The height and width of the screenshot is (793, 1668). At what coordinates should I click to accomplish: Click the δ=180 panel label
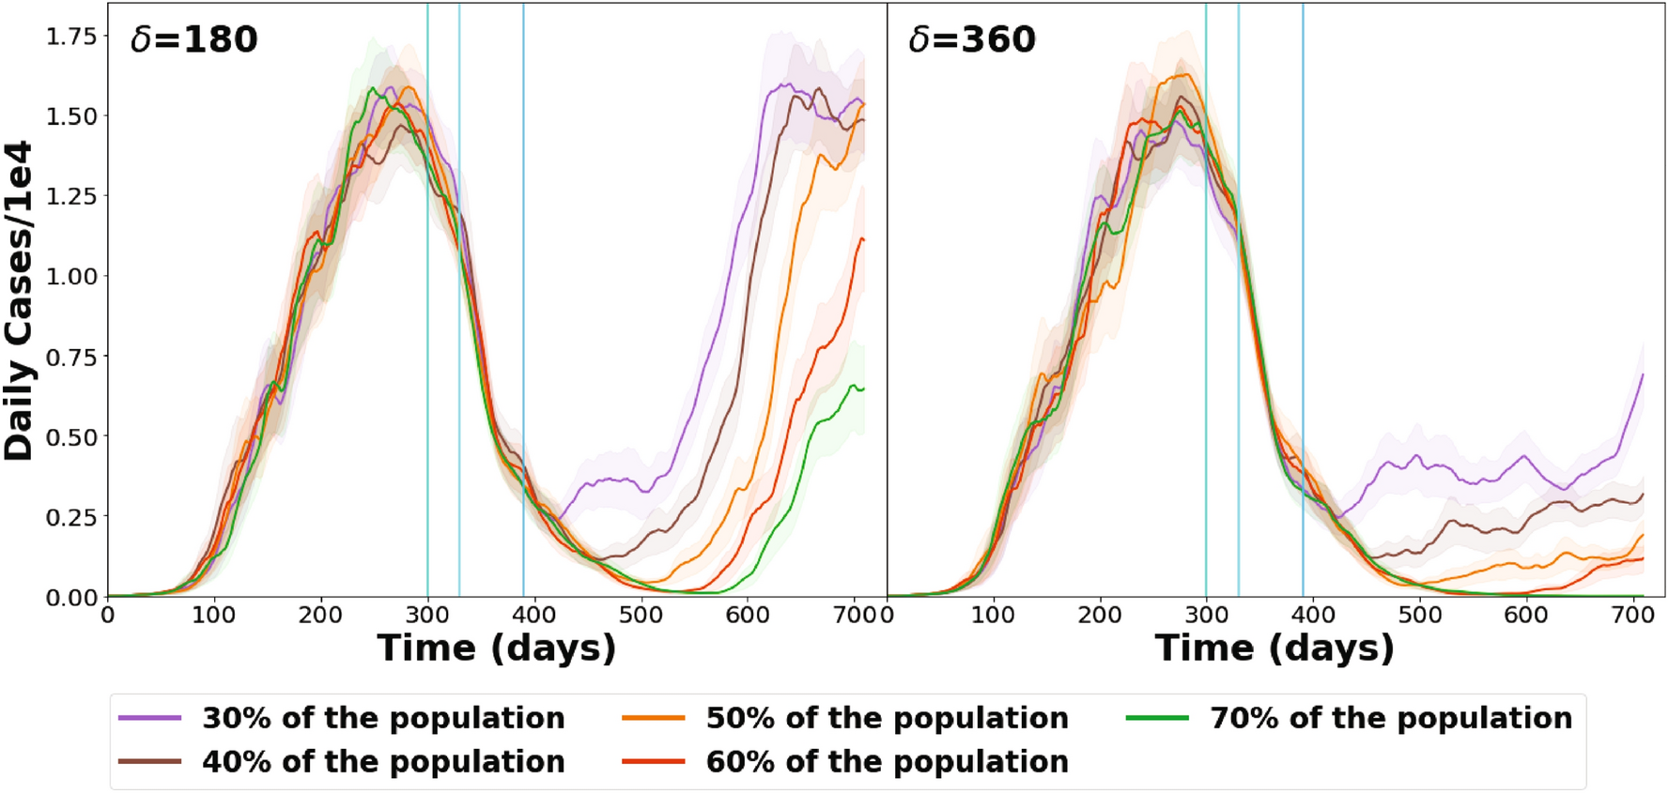[193, 39]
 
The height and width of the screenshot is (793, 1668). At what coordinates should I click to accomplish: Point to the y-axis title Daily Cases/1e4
[19, 300]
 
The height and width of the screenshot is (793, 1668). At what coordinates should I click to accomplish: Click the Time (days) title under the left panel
[496, 648]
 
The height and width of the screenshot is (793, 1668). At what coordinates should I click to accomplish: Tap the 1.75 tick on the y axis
[71, 36]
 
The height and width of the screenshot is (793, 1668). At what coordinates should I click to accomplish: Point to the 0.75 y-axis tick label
[71, 357]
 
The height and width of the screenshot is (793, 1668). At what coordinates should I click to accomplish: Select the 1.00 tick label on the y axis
[71, 276]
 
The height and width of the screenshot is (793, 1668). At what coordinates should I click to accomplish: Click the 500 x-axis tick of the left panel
[641, 615]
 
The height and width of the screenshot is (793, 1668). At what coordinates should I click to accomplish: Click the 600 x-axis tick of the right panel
[1525, 615]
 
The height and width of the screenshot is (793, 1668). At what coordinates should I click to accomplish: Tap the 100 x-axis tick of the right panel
[993, 615]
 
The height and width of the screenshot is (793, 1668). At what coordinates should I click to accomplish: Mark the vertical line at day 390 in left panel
[523, 282]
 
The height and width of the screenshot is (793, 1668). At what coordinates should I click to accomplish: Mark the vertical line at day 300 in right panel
[1206, 282]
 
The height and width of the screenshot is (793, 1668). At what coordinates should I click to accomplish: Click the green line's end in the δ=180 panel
[863, 389]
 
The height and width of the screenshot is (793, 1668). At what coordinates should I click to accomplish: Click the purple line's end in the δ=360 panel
[1643, 374]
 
